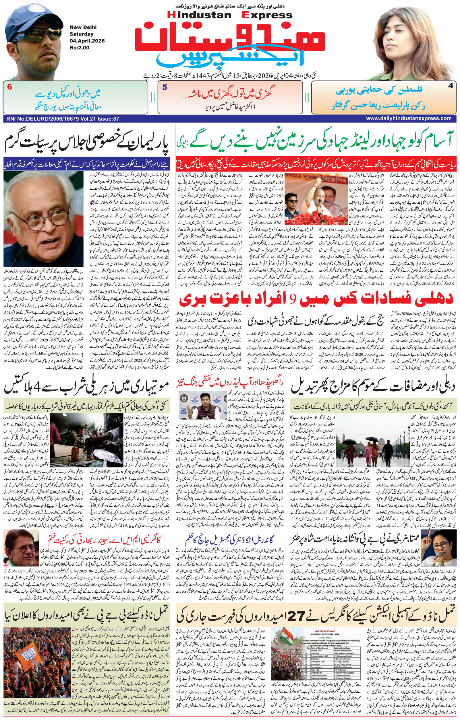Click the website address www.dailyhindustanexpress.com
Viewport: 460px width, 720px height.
(x=409, y=118)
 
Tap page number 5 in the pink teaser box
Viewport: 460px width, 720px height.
(x=165, y=88)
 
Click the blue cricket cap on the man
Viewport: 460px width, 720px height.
(x=30, y=18)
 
